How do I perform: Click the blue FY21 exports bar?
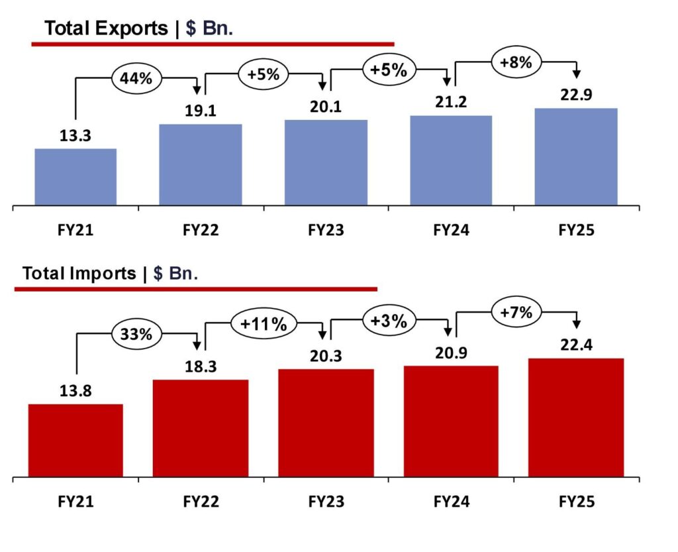pyautogui.click(x=75, y=177)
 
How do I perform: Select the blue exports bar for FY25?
pyautogui.click(x=576, y=156)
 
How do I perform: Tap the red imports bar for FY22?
pyautogui.click(x=200, y=428)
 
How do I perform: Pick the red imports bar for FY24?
pyautogui.click(x=451, y=421)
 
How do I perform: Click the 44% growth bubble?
pyautogui.click(x=136, y=78)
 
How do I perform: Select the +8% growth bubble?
pyautogui.click(x=516, y=63)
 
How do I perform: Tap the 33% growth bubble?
pyautogui.click(x=136, y=334)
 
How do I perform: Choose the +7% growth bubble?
pyautogui.click(x=516, y=313)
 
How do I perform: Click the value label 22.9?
pyautogui.click(x=576, y=95)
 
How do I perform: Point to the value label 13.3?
pyautogui.click(x=75, y=136)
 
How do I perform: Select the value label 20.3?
pyautogui.click(x=325, y=357)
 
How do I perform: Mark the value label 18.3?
pyautogui.click(x=200, y=366)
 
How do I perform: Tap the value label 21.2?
pyautogui.click(x=451, y=102)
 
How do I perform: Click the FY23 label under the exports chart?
pyautogui.click(x=326, y=231)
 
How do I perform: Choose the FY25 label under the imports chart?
pyautogui.click(x=576, y=502)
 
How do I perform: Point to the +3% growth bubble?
pyautogui.click(x=389, y=321)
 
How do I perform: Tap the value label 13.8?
pyautogui.click(x=75, y=391)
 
